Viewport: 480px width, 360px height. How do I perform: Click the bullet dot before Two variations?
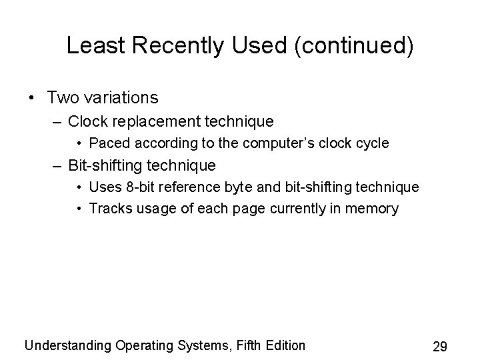click(33, 98)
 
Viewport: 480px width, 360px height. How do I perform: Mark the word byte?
click(242, 187)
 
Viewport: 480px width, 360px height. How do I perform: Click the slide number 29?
click(439, 347)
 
